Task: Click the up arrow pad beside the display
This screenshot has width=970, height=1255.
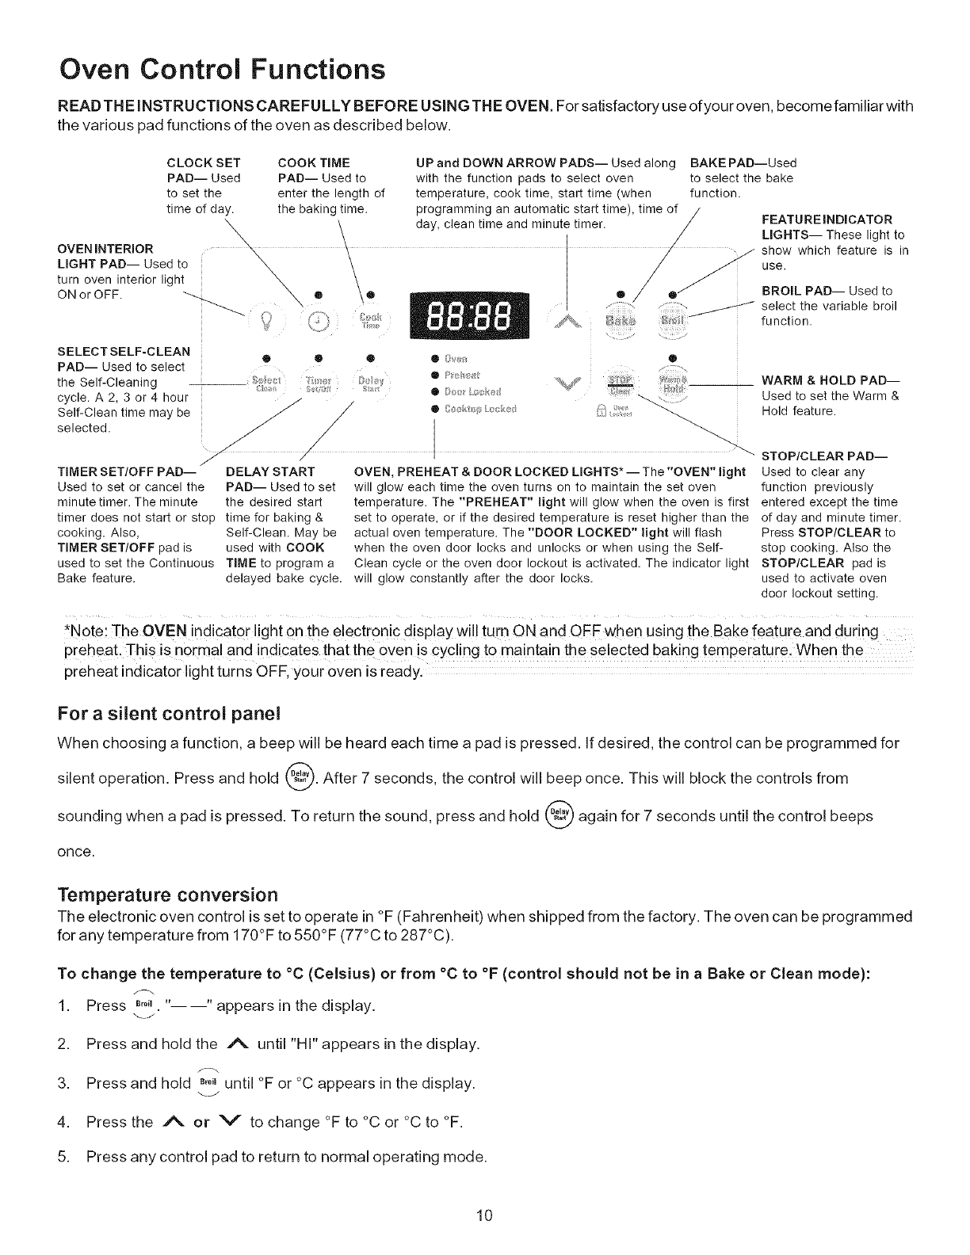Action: (x=568, y=319)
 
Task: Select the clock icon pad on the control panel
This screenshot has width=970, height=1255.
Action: (x=320, y=321)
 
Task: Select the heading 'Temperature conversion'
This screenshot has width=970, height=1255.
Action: (x=167, y=895)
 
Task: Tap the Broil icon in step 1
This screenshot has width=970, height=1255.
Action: (x=143, y=1005)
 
